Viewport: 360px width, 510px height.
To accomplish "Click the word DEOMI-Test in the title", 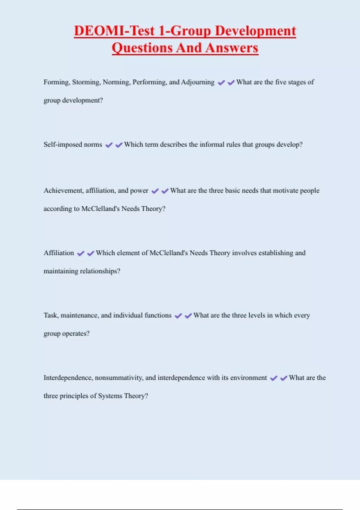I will (x=114, y=31).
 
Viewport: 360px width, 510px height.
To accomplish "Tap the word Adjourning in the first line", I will (x=198, y=82).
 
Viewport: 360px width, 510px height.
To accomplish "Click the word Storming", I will (x=86, y=82).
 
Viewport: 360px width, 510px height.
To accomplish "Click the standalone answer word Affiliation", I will (x=59, y=253).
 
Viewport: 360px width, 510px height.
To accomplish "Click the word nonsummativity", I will (x=119, y=378).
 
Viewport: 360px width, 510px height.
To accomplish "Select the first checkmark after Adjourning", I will (x=221, y=83).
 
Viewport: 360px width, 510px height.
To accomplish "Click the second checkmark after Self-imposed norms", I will (x=119, y=145).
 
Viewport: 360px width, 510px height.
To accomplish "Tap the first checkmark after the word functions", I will (x=178, y=316).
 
